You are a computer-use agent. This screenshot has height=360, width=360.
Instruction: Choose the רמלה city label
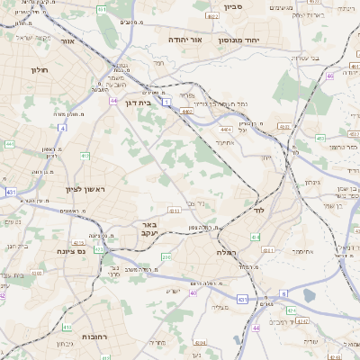[226, 253]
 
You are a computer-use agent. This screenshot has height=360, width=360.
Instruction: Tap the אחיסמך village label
[302, 251]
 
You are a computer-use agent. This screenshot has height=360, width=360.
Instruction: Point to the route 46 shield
[330, 76]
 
